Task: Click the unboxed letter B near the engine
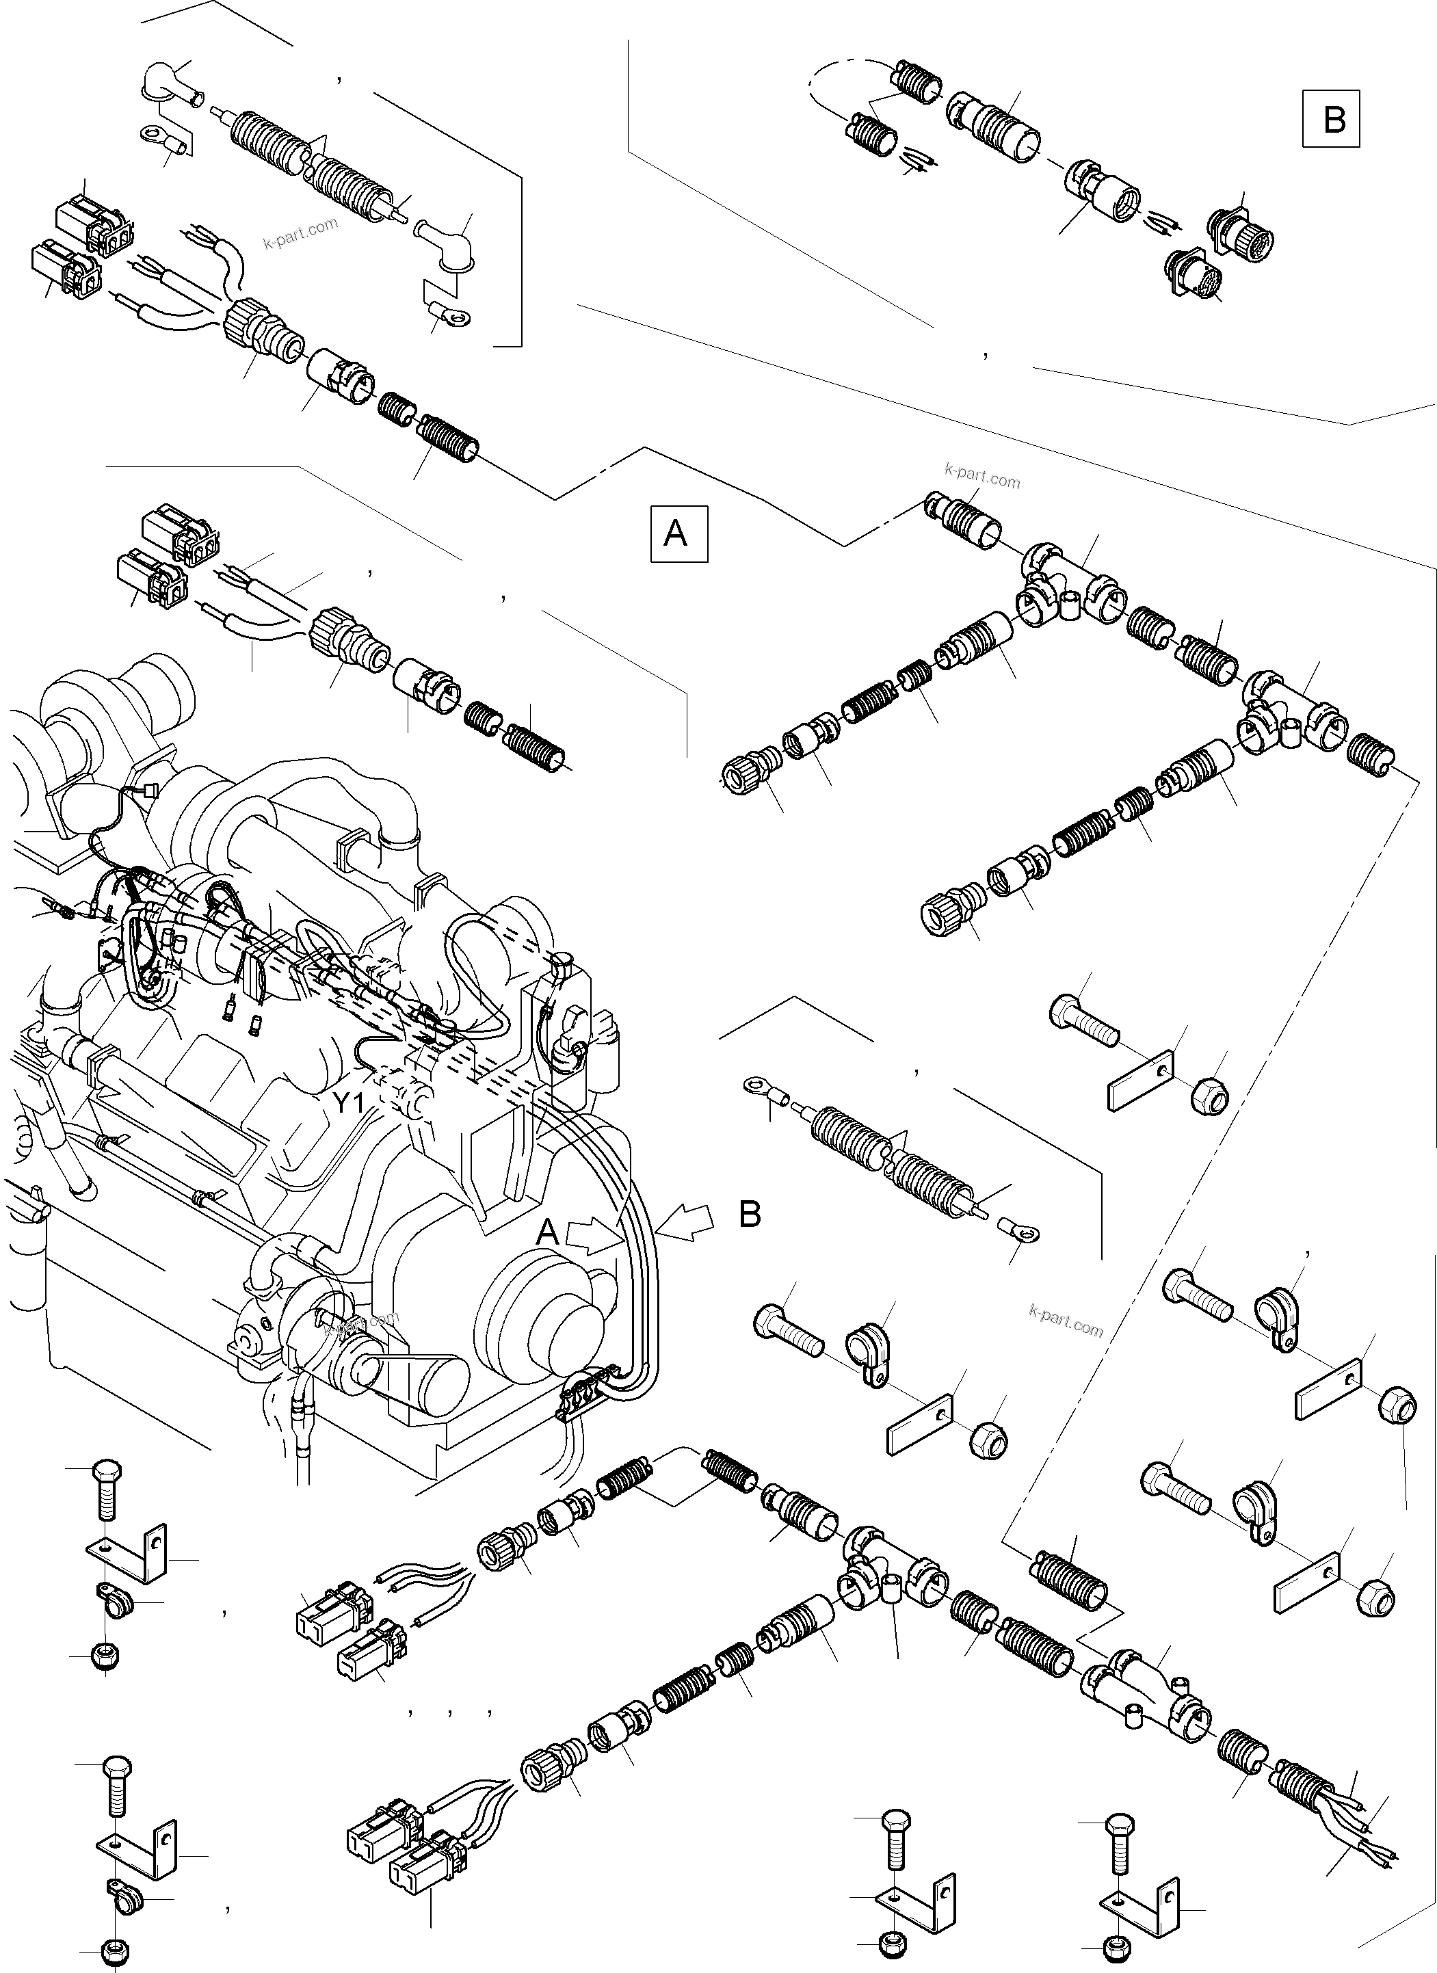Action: pos(750,1215)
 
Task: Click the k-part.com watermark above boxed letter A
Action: pos(982,476)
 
